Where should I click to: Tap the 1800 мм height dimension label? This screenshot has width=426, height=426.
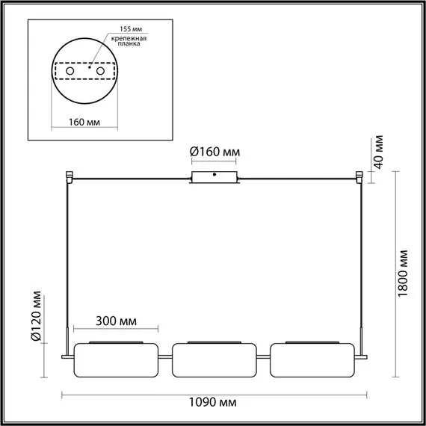[x=404, y=274]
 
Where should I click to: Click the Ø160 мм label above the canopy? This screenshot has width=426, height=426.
[x=215, y=152]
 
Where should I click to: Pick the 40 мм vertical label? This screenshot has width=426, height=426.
[x=379, y=150]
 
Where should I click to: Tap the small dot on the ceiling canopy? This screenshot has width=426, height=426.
[x=215, y=175]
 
